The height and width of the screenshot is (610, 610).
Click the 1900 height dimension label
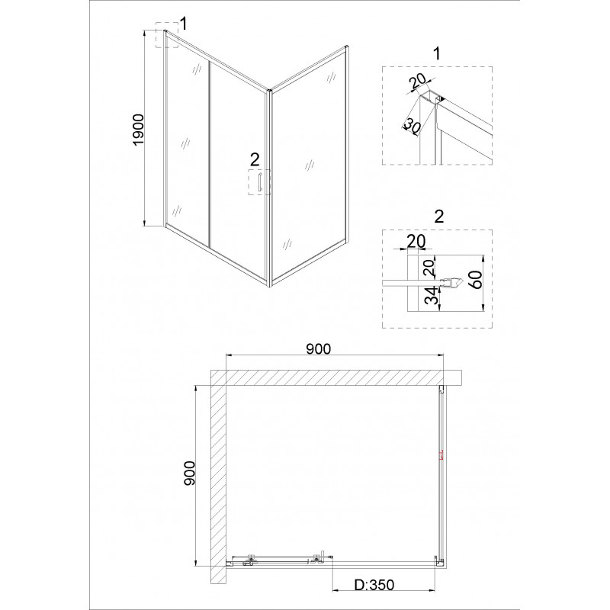(x=139, y=130)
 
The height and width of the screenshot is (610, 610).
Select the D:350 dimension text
(x=374, y=585)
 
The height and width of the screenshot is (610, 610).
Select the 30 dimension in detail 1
(x=410, y=127)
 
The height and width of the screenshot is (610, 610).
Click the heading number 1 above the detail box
(x=437, y=53)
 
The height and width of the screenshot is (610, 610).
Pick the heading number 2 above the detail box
(x=438, y=217)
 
